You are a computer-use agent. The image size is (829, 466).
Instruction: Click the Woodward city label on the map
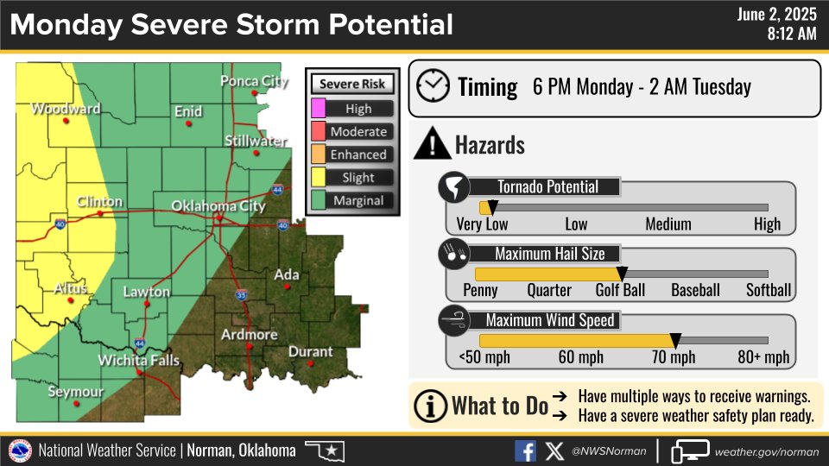[66, 109]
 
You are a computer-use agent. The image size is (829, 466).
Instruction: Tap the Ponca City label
[253, 81]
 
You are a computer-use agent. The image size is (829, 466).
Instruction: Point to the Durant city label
[310, 351]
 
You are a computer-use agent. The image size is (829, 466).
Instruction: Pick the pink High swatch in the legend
[319, 109]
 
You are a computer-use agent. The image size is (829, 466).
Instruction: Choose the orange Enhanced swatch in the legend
[319, 154]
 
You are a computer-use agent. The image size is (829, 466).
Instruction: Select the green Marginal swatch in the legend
[319, 201]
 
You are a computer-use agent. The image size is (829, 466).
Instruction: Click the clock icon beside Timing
[433, 86]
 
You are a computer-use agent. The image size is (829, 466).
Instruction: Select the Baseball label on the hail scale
[695, 290]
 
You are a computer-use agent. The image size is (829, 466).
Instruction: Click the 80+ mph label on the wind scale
[763, 357]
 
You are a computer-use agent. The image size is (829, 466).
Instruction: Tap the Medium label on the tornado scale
[668, 224]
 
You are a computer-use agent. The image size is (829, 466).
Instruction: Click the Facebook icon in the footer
[525, 450]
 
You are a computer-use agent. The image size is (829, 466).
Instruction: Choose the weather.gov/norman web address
[766, 451]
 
